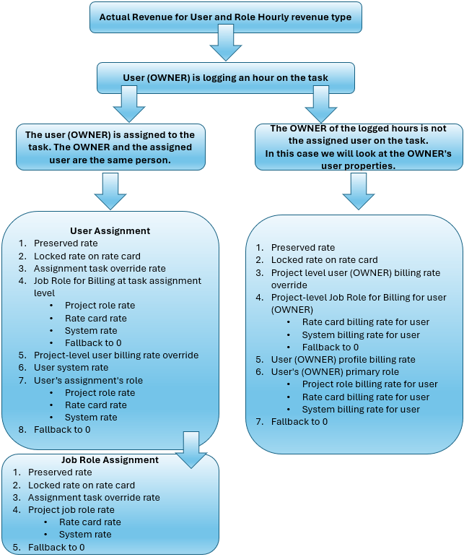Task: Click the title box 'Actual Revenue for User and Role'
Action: click(225, 17)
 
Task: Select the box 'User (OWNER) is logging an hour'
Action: click(225, 77)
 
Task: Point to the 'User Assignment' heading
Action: click(110, 231)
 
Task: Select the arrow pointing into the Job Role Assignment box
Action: click(191, 449)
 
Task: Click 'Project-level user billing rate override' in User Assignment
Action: click(115, 355)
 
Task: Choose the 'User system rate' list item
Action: click(71, 368)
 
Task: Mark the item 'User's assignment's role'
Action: click(88, 381)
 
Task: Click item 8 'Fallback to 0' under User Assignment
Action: click(62, 430)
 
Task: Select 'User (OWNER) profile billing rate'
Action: click(343, 360)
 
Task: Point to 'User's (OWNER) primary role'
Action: click(335, 372)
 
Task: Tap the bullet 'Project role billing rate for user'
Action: click(369, 384)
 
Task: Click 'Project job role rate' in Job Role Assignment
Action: click(71, 510)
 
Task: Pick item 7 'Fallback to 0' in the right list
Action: click(299, 422)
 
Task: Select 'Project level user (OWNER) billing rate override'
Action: click(344, 279)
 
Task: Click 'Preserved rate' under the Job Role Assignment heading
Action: click(60, 472)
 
